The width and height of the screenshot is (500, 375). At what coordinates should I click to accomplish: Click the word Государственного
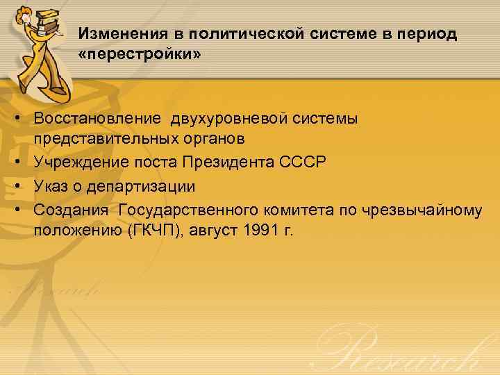tap(188, 210)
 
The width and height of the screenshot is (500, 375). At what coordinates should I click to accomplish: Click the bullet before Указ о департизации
tap(22, 186)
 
